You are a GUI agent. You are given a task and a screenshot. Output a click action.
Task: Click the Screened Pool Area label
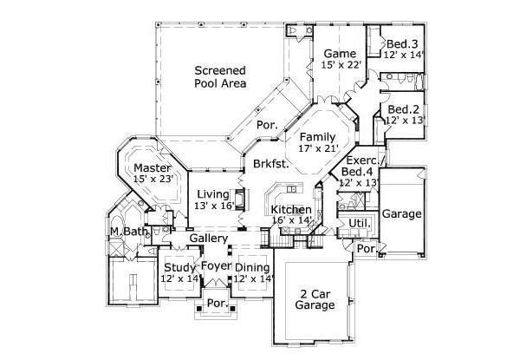pyautogui.click(x=220, y=77)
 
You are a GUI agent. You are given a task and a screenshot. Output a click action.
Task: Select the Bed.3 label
pyautogui.click(x=403, y=44)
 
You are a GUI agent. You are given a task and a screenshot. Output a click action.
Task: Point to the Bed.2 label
pyautogui.click(x=404, y=109)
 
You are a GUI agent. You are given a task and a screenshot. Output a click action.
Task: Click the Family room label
pyautogui.click(x=317, y=137)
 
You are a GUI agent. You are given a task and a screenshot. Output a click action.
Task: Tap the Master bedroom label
pyautogui.click(x=152, y=167)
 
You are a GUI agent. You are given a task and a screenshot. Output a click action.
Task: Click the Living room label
pyautogui.click(x=213, y=193)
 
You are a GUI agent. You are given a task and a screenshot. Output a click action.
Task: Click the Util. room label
pyautogui.click(x=359, y=223)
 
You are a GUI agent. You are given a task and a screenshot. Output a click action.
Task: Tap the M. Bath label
pyautogui.click(x=126, y=232)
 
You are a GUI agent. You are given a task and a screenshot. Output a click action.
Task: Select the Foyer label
pyautogui.click(x=215, y=265)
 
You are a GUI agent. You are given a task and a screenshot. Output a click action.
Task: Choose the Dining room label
pyautogui.click(x=252, y=267)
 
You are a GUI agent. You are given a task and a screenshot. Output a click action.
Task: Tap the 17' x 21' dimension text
pyautogui.click(x=317, y=149)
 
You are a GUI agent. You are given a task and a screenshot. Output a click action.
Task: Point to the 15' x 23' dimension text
pyautogui.click(x=154, y=179)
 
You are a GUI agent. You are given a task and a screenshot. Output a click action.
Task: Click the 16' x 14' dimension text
pyautogui.click(x=289, y=221)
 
